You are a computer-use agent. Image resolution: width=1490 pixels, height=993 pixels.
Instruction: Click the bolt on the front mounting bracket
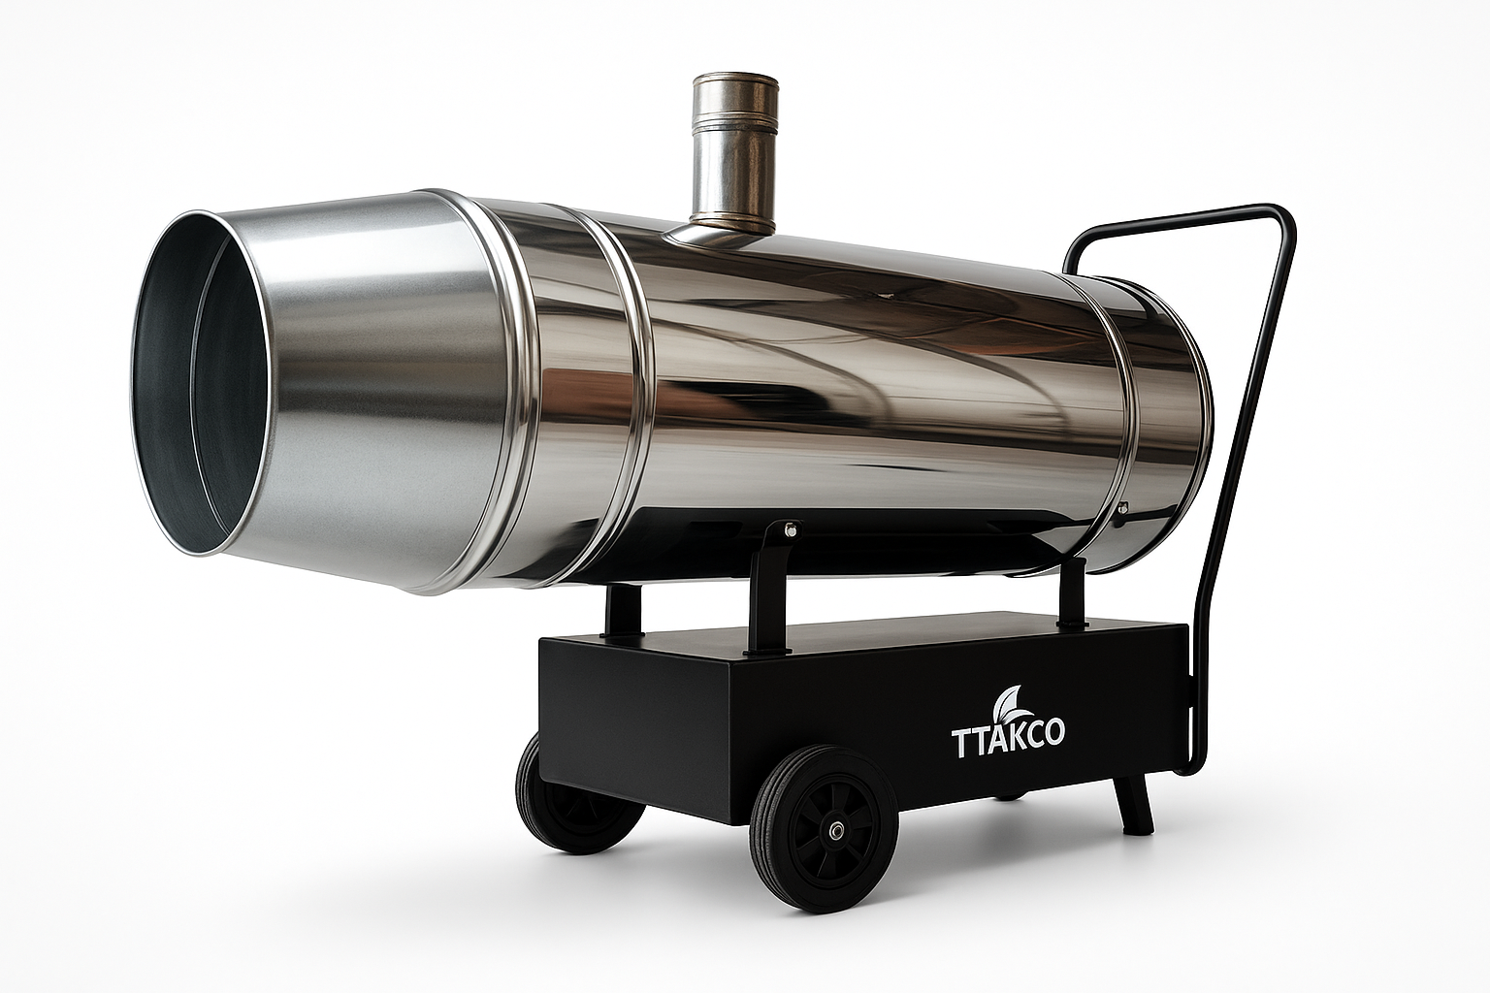pyautogui.click(x=792, y=530)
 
